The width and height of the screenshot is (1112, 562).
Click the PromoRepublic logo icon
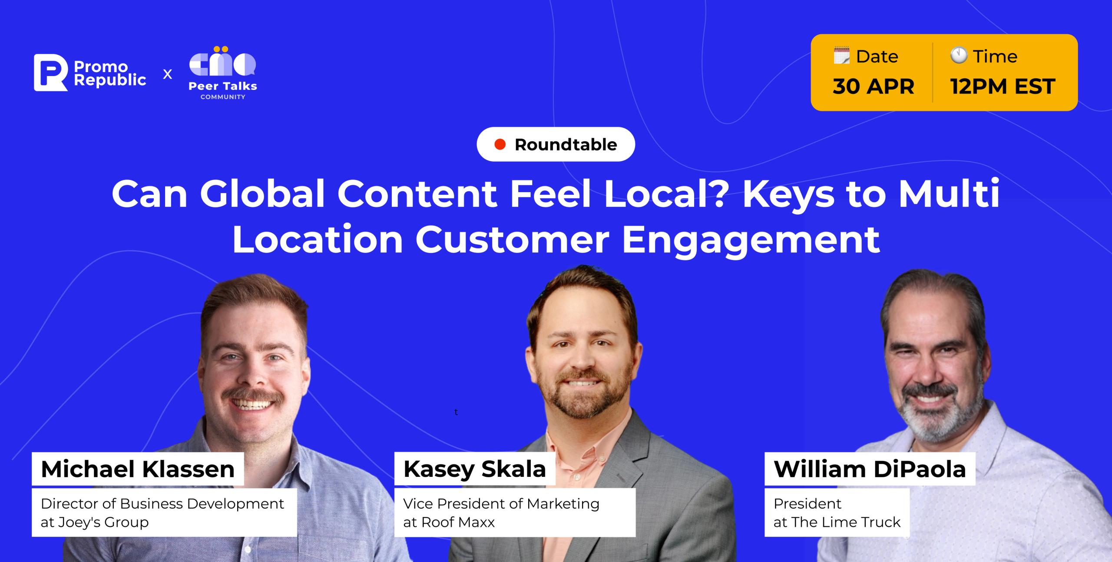pyautogui.click(x=51, y=73)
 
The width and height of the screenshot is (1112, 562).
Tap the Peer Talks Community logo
pyautogui.click(x=223, y=73)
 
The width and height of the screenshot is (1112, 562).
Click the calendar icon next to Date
pyautogui.click(x=841, y=56)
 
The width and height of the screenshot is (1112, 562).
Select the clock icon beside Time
pyautogui.click(x=959, y=55)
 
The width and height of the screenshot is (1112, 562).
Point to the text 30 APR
pyautogui.click(x=874, y=86)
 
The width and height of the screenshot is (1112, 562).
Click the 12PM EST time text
pyautogui.click(x=1003, y=86)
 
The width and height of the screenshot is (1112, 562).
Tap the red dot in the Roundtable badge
pyautogui.click(x=500, y=144)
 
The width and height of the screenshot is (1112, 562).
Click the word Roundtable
pyautogui.click(x=566, y=144)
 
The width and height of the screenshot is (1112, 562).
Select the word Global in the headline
pyautogui.click(x=262, y=193)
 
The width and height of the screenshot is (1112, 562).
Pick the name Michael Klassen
pyautogui.click(x=138, y=469)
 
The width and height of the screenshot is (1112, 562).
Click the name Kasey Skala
pyautogui.click(x=474, y=469)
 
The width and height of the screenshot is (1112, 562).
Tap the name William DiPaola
pyautogui.click(x=870, y=469)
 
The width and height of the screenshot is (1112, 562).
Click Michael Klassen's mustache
pyautogui.click(x=253, y=396)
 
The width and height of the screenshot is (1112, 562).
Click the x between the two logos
pyautogui.click(x=167, y=74)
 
